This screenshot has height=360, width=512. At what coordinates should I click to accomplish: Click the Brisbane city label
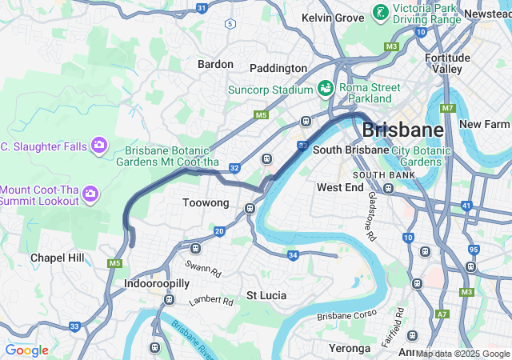[x=402, y=130]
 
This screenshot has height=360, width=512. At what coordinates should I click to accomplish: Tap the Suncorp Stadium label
[x=270, y=90]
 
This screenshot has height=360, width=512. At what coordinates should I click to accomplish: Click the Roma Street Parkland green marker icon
[x=326, y=87]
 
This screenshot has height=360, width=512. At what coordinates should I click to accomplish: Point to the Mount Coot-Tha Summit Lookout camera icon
[x=90, y=194]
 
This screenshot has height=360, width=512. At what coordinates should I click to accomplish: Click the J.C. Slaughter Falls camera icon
[x=98, y=145]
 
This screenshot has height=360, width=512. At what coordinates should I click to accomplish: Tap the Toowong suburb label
[x=206, y=203]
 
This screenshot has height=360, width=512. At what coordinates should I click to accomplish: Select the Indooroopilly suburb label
[x=157, y=283]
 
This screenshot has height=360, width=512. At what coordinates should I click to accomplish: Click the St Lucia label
[x=266, y=295]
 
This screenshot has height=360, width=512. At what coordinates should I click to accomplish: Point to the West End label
[x=340, y=187]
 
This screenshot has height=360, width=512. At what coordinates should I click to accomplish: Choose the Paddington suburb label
[x=278, y=68]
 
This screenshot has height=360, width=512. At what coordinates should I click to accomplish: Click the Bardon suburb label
[x=215, y=64]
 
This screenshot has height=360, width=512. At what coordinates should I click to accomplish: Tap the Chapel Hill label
[x=57, y=258]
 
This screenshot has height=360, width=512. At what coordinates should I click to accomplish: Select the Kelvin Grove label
[x=332, y=18]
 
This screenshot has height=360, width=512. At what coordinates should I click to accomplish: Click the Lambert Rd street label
[x=210, y=302]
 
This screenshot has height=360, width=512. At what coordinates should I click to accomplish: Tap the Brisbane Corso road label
[x=346, y=316]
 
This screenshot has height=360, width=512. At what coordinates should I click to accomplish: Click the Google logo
[x=26, y=350]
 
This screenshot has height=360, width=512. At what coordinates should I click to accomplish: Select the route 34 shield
[x=293, y=255]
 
